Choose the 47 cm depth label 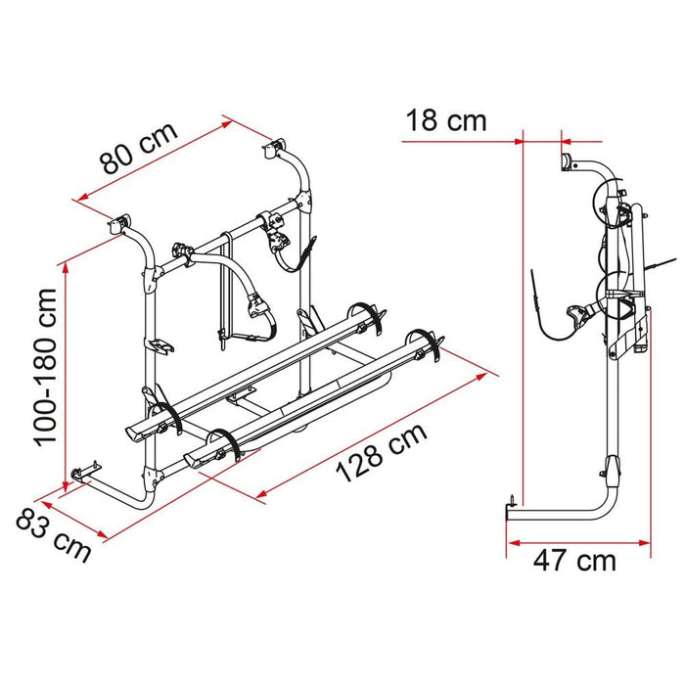click(576, 561)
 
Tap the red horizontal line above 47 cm click(577, 539)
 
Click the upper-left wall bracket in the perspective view click(122, 224)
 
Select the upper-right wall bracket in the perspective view click(272, 149)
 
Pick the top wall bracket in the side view click(566, 161)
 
